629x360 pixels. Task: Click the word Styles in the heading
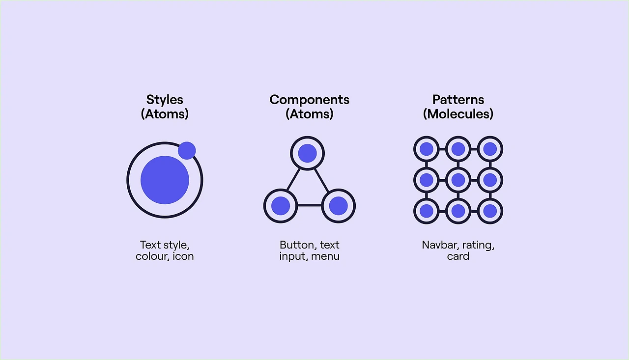point(165,100)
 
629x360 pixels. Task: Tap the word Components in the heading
point(310,100)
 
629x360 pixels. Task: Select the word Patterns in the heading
point(458,100)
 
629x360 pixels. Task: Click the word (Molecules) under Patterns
point(458,114)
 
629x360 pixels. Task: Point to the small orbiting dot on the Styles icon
point(187,150)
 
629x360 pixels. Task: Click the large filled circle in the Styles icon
point(165,180)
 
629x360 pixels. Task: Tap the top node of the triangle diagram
point(307,153)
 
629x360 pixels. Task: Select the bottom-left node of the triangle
point(281,206)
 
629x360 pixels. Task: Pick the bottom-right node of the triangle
point(338,206)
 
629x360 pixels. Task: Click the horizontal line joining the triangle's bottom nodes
point(309,205)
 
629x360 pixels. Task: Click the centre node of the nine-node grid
point(458,180)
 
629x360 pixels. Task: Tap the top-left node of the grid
point(427,149)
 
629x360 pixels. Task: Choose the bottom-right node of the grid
point(490,211)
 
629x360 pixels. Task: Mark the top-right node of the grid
point(490,149)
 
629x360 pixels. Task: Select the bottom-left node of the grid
point(427,211)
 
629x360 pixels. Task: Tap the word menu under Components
point(325,256)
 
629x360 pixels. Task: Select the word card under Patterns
point(458,256)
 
